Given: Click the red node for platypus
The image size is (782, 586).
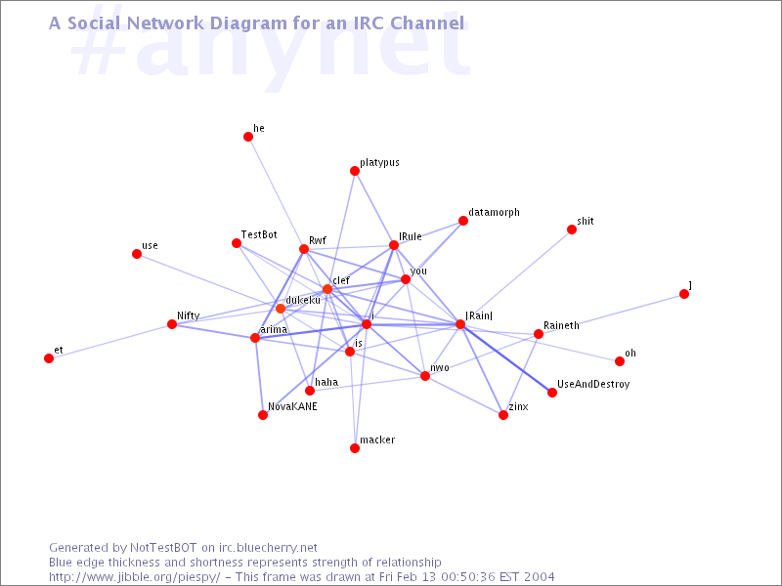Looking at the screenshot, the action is click(x=355, y=171).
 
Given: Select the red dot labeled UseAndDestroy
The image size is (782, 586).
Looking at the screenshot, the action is click(x=552, y=393).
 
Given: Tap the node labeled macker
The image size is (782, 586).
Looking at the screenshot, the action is click(x=355, y=448).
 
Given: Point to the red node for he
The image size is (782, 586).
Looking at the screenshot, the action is click(x=248, y=137).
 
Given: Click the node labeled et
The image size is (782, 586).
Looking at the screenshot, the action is click(x=49, y=358).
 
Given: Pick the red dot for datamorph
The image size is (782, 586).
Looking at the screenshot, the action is click(x=463, y=221).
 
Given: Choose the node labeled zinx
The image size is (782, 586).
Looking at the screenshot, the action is click(x=503, y=415).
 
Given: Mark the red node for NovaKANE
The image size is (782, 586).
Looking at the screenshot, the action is click(x=263, y=415).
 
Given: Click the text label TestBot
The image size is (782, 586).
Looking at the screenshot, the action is click(x=259, y=234).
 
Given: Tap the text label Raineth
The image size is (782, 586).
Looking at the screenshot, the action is click(x=561, y=325).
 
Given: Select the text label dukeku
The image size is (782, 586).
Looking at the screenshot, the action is click(x=303, y=300).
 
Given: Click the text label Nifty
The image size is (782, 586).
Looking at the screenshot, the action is click(x=189, y=315).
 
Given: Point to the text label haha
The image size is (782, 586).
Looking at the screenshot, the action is click(x=326, y=382).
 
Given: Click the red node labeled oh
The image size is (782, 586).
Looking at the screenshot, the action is click(x=620, y=361).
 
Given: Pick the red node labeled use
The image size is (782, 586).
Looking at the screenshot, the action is click(x=137, y=254).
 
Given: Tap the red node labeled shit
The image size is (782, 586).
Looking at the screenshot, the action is click(x=572, y=230).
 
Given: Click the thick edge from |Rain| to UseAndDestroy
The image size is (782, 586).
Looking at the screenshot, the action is click(x=506, y=358).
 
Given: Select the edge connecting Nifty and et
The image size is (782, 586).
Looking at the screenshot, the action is click(x=110, y=341).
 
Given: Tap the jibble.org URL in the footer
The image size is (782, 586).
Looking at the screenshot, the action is click(x=135, y=577).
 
